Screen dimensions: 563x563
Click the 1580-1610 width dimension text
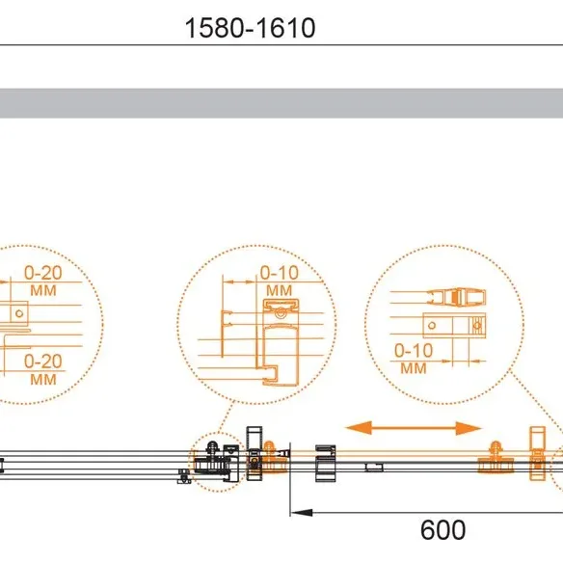250,28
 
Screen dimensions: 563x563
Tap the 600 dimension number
442,530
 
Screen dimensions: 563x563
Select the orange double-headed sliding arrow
413,428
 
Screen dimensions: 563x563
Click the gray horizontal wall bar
281,103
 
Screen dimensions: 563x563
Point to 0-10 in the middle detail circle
279,273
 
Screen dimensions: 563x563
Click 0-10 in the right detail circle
414,351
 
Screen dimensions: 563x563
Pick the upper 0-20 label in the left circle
43,273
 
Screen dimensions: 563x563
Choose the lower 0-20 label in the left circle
43,362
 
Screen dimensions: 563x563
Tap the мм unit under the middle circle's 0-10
279,290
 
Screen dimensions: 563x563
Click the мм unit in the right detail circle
414,368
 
